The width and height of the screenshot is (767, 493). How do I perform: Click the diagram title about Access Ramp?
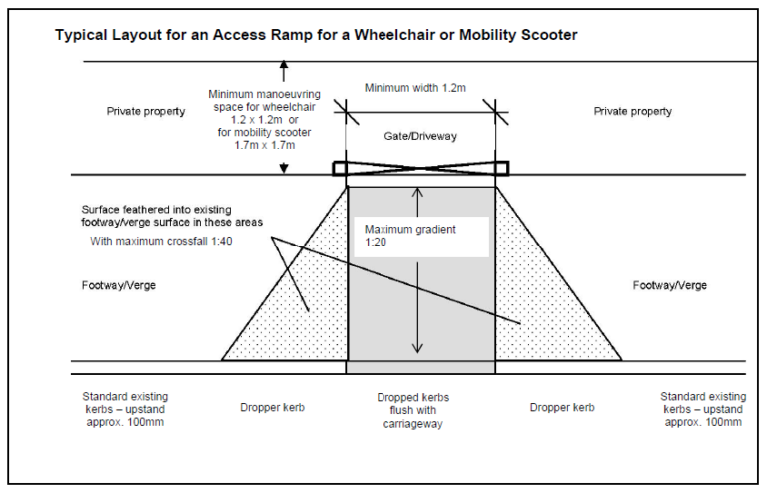316,35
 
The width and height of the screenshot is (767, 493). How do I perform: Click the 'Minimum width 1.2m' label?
414,88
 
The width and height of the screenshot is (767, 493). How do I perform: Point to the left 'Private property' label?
146,112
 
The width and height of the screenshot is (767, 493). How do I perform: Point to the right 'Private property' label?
633,112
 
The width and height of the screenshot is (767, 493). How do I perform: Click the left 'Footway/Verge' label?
119,285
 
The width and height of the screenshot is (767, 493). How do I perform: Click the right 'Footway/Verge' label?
670,285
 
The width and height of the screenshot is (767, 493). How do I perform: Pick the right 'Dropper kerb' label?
563,407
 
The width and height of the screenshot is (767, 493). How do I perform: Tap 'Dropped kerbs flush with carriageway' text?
419,409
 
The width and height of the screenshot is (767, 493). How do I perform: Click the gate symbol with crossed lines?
420,168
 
